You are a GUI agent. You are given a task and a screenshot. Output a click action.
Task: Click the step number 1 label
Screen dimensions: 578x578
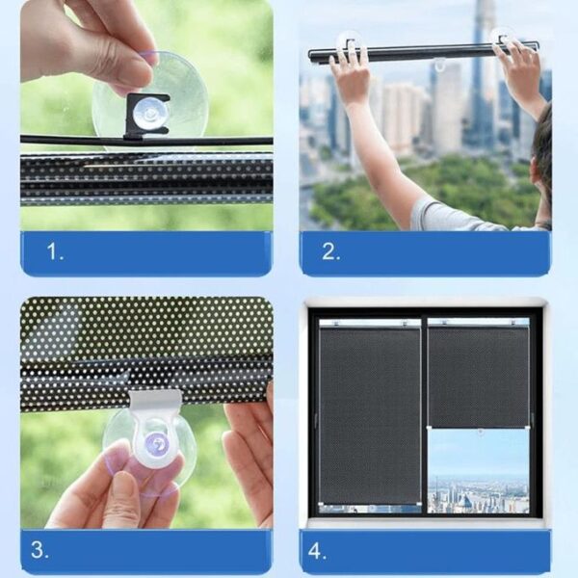coord(55,251)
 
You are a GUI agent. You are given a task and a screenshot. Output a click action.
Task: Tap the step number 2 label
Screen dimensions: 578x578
coord(330,251)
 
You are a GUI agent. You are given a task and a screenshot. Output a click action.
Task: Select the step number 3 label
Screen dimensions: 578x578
coord(39,549)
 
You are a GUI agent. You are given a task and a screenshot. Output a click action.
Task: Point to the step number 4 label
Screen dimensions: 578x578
coord(317,551)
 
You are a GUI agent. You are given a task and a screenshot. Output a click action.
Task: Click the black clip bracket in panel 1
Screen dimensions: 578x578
coord(147,117)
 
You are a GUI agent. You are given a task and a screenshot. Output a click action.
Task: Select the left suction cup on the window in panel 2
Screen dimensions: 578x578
coord(349,40)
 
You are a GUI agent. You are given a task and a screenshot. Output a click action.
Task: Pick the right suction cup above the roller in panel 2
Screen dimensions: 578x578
coord(503,38)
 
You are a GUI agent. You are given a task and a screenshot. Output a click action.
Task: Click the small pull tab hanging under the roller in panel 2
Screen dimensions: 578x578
coord(440,65)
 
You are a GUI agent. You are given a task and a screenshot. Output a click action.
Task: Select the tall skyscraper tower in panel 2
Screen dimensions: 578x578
coord(478,74)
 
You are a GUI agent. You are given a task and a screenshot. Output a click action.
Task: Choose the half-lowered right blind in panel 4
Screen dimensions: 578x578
coord(478,373)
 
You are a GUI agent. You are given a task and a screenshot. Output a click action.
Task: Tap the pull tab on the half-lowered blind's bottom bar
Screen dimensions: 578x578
coord(480,432)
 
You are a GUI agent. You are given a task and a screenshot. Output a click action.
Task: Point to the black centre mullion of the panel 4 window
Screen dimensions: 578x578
coord(424,411)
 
